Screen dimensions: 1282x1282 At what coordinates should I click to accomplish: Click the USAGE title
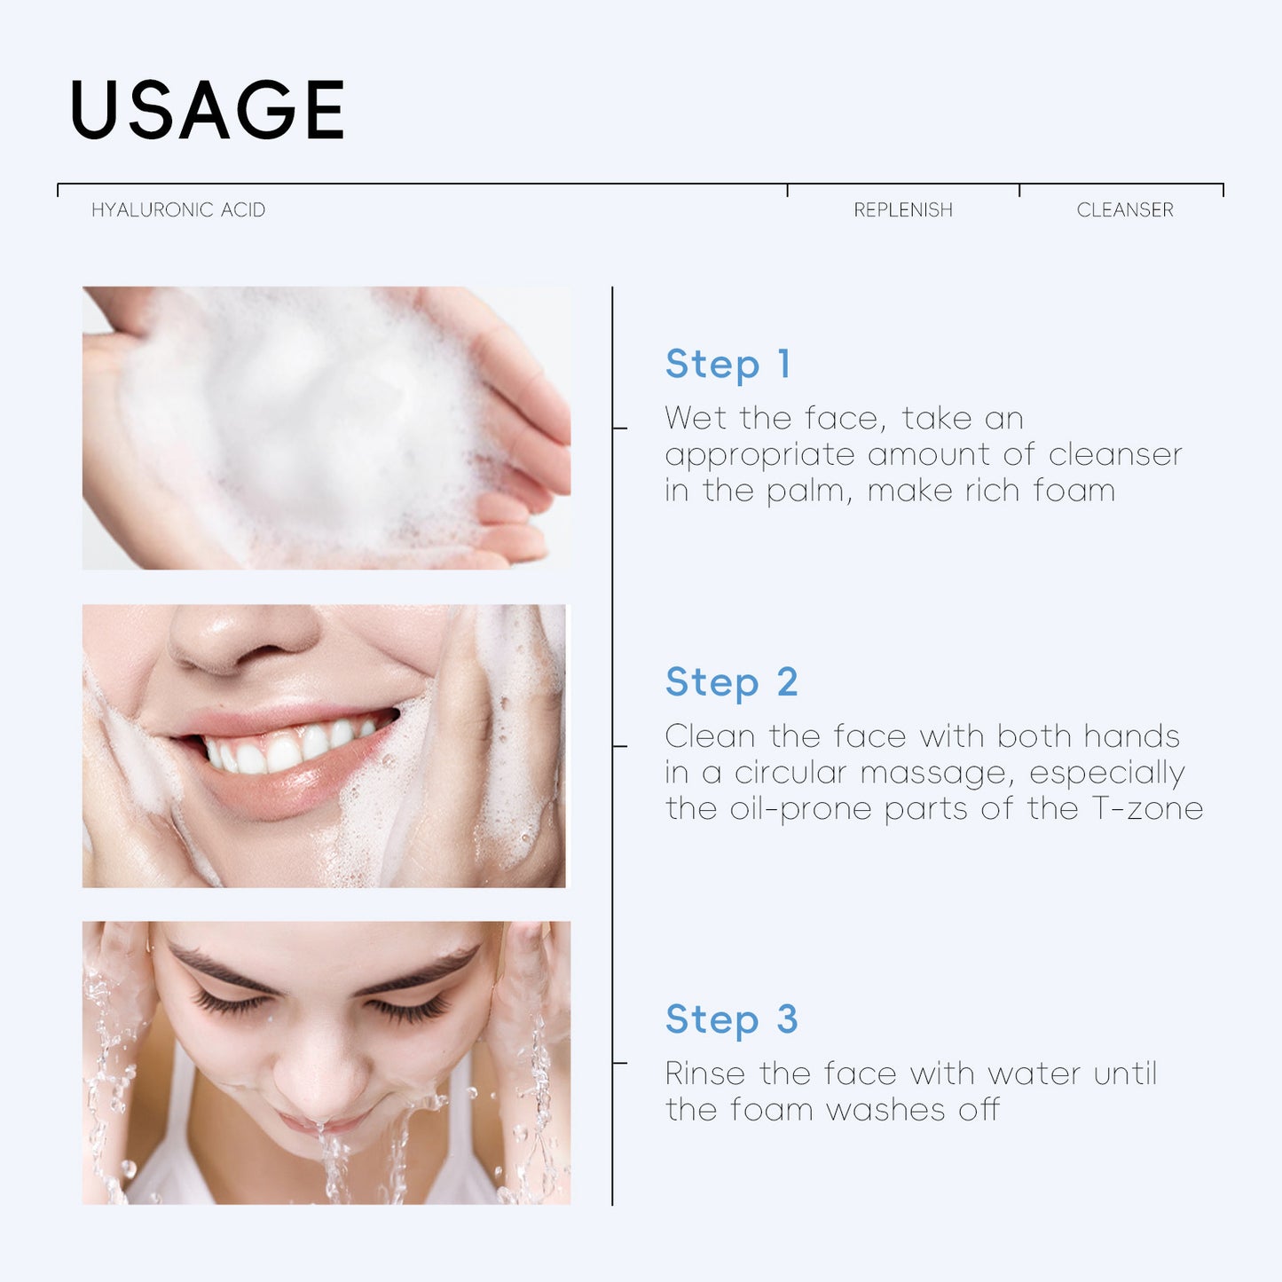click(207, 110)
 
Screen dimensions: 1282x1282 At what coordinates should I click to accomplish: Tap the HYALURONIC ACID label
click(178, 210)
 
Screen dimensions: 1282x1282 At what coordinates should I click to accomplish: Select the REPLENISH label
click(903, 210)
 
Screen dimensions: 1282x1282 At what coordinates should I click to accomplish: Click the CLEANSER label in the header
click(1125, 210)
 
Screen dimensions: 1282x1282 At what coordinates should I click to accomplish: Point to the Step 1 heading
click(728, 364)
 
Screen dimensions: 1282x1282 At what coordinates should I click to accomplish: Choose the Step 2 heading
click(732, 682)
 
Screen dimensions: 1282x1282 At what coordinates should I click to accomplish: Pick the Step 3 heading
click(732, 1019)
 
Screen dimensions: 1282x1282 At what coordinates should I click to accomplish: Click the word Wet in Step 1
click(696, 418)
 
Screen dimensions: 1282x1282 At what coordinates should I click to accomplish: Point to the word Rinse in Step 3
click(705, 1074)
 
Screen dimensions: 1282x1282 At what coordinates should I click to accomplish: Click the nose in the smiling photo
click(240, 634)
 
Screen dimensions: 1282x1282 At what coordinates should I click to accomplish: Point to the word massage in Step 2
click(937, 773)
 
